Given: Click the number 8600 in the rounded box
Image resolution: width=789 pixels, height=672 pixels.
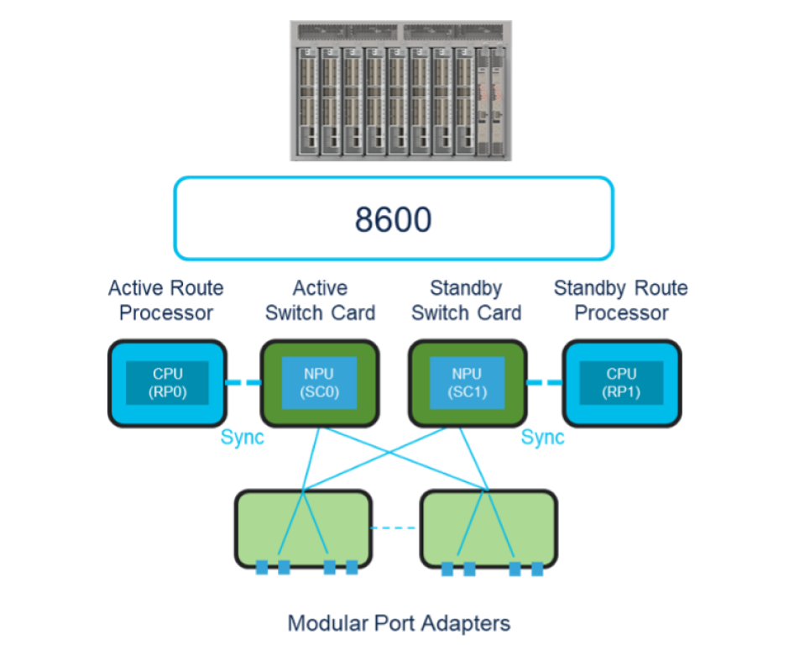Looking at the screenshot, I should tap(393, 219).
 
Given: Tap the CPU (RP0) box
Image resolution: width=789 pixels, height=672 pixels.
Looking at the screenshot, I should tap(167, 383).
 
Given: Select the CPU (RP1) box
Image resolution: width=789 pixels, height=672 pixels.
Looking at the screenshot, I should tap(621, 383).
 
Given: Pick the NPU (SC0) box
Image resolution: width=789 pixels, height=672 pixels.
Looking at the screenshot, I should tap(319, 383).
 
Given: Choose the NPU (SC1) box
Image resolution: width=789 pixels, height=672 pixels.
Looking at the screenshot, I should tap(466, 383).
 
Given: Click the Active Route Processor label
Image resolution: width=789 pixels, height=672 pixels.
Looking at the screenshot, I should tap(166, 301).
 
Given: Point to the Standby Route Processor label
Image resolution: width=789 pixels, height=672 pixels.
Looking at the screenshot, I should tap(621, 301).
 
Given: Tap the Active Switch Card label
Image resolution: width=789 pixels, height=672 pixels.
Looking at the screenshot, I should tap(320, 301).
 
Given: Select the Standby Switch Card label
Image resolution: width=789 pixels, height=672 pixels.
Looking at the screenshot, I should tap(466, 301).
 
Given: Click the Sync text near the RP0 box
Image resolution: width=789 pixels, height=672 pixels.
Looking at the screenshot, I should tap(242, 438).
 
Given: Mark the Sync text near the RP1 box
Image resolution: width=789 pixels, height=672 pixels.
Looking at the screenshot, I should tap(542, 438).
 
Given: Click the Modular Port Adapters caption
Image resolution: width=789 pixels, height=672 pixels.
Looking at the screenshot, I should tap(399, 623).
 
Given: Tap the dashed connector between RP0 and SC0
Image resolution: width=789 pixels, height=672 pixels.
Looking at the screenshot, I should tap(244, 383).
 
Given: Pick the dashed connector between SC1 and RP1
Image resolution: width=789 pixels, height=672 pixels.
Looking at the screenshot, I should tap(544, 383).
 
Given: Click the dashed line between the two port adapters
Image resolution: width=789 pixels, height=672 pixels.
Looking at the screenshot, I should tap(394, 528).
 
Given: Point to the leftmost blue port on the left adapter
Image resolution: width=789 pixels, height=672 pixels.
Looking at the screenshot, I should tap(262, 568).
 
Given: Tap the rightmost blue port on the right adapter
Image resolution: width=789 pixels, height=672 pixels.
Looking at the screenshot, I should tap(536, 569).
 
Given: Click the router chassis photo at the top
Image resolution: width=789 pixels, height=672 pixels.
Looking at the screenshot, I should tap(400, 91).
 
